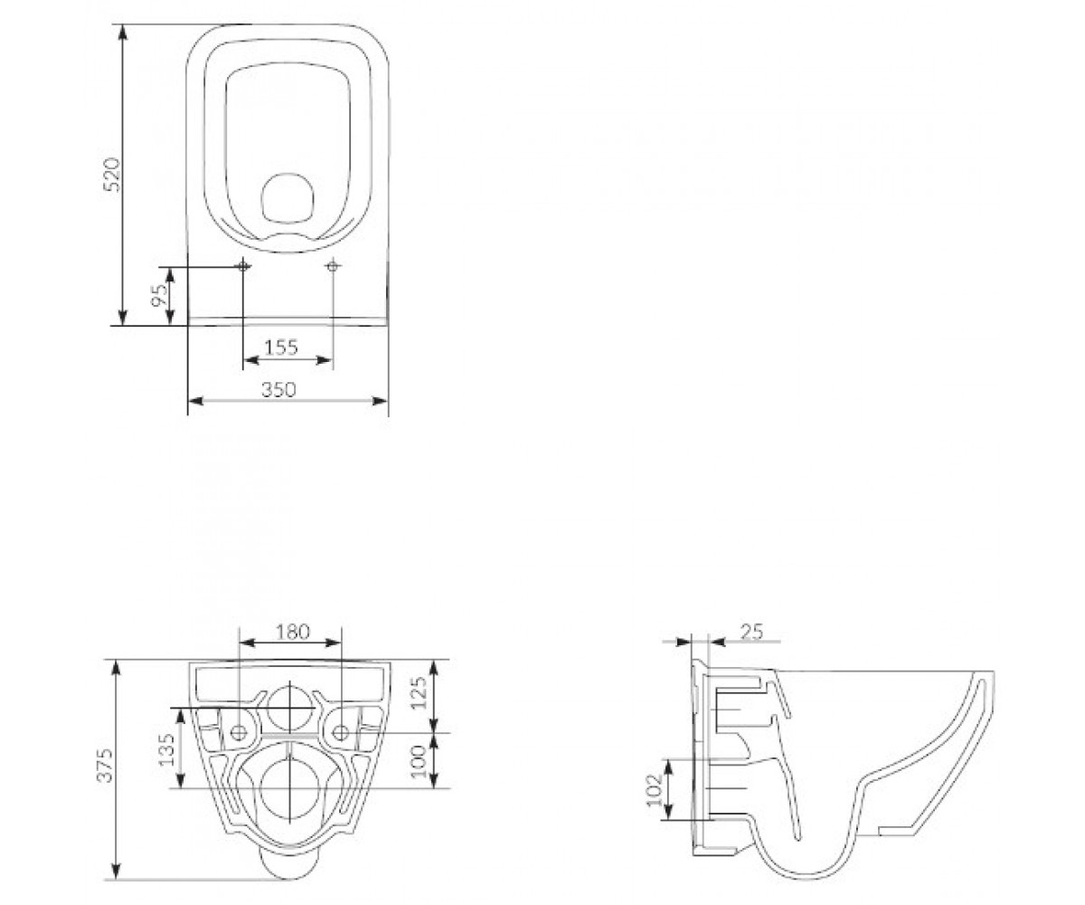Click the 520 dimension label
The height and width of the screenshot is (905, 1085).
pyautogui.click(x=112, y=175)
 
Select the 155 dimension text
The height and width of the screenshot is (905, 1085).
pyautogui.click(x=281, y=347)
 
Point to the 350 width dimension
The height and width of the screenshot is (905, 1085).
pyautogui.click(x=278, y=389)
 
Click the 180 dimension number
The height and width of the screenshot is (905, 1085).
pyautogui.click(x=293, y=632)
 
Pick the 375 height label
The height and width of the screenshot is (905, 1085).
pyautogui.click(x=106, y=765)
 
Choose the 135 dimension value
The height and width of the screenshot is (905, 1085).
pyautogui.click(x=166, y=750)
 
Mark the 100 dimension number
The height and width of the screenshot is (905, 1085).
pyautogui.click(x=419, y=761)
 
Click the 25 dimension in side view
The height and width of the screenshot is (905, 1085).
pyautogui.click(x=751, y=632)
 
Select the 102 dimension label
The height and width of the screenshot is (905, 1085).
pyautogui.click(x=655, y=789)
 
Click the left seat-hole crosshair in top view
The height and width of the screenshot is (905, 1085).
pyautogui.click(x=242, y=266)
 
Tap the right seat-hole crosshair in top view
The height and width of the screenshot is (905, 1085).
pyautogui.click(x=333, y=266)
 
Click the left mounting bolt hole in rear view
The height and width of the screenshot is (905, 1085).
pyautogui.click(x=239, y=733)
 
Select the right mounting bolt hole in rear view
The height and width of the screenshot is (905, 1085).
pyautogui.click(x=340, y=733)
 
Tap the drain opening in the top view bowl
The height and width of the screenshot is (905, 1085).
pyautogui.click(x=288, y=198)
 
